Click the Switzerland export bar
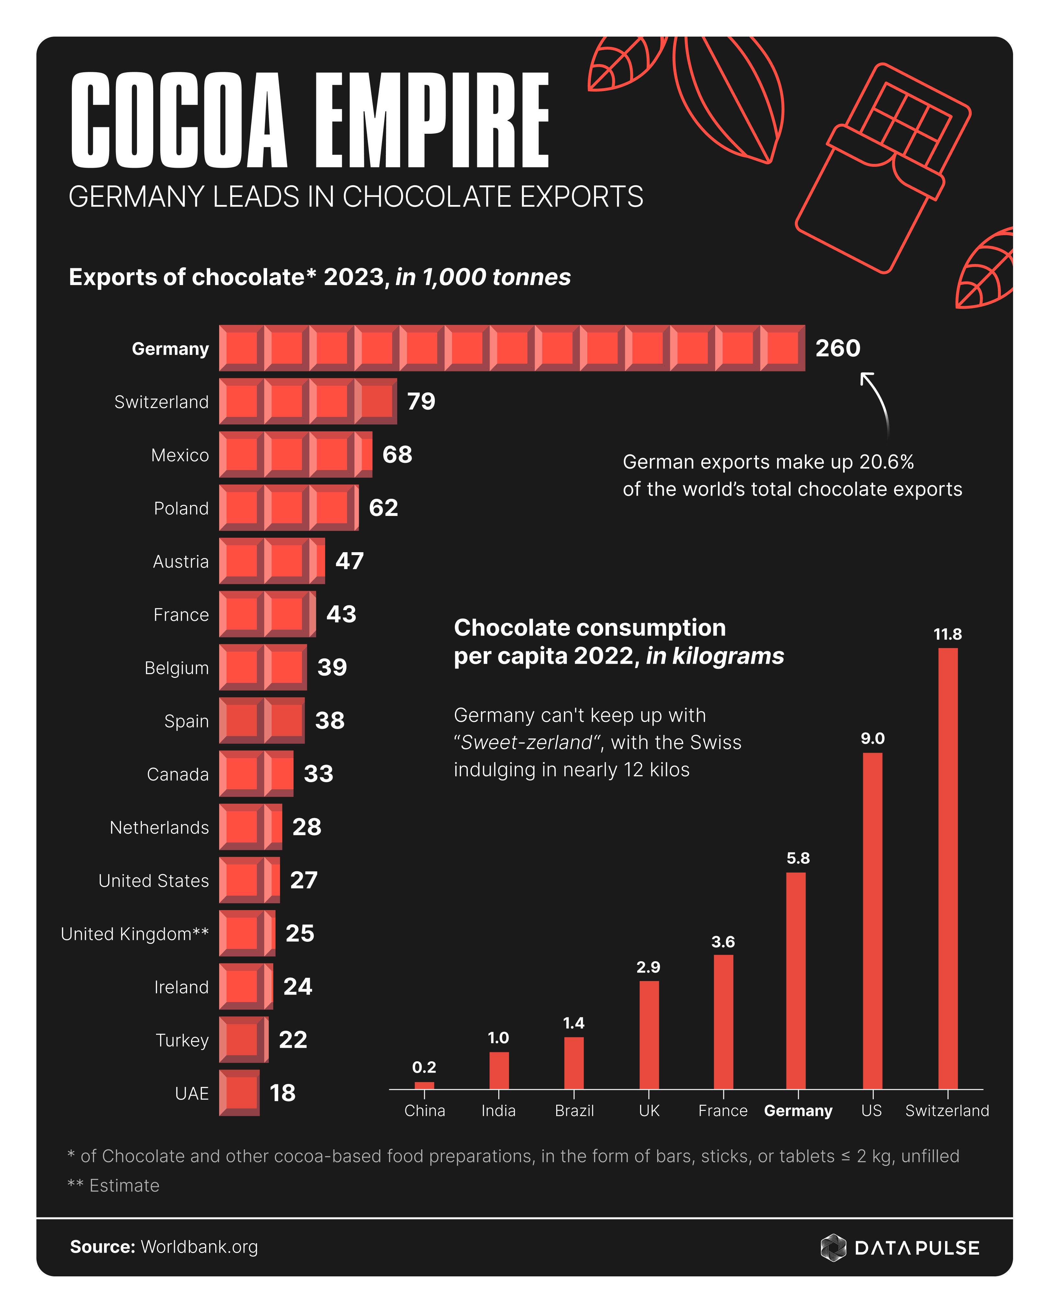308,401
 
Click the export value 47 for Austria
349,561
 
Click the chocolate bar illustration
882,167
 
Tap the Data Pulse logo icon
833,1248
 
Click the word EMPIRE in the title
432,120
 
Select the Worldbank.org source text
199,1247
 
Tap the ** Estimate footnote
114,1185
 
